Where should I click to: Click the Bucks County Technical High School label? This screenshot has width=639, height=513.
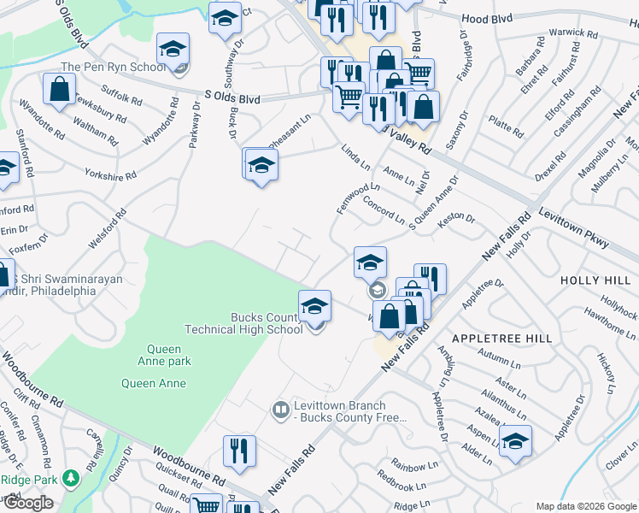tap(244, 323)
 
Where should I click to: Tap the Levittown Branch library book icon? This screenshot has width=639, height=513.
tap(279, 411)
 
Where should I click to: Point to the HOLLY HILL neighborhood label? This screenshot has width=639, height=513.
tap(595, 280)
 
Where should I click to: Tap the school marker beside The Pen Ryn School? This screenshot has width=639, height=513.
tap(173, 50)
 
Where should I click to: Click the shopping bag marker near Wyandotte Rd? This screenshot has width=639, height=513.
tap(59, 90)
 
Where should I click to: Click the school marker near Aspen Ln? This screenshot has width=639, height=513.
tap(515, 442)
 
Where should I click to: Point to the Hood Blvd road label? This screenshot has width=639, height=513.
tap(486, 19)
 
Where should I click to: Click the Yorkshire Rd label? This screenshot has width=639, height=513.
tap(110, 175)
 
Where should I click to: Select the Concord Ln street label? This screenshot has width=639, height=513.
tap(384, 210)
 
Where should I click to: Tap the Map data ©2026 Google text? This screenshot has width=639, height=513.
tap(585, 506)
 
